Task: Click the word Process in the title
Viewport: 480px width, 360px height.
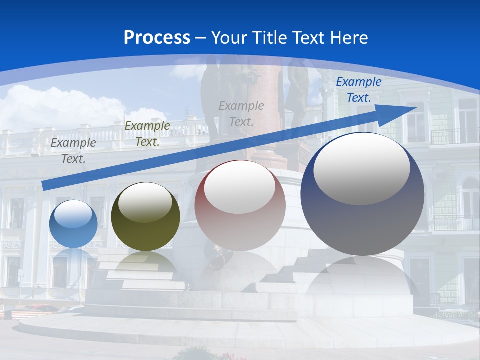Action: tap(157, 37)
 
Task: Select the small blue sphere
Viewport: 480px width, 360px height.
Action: tap(74, 224)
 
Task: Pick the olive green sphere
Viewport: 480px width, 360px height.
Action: tap(145, 217)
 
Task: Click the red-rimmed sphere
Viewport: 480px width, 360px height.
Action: tap(240, 206)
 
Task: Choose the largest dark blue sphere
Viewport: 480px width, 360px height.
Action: tap(362, 195)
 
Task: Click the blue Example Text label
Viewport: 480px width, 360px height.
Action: tap(359, 90)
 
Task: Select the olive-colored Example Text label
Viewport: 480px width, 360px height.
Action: tap(147, 134)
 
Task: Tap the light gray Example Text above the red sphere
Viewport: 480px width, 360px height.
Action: tap(241, 113)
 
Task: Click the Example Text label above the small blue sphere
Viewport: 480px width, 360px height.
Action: tap(73, 151)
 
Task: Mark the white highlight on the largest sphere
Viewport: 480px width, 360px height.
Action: tap(362, 167)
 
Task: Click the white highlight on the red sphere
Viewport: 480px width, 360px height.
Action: tap(240, 186)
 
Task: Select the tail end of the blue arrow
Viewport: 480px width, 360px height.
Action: tap(47, 185)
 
